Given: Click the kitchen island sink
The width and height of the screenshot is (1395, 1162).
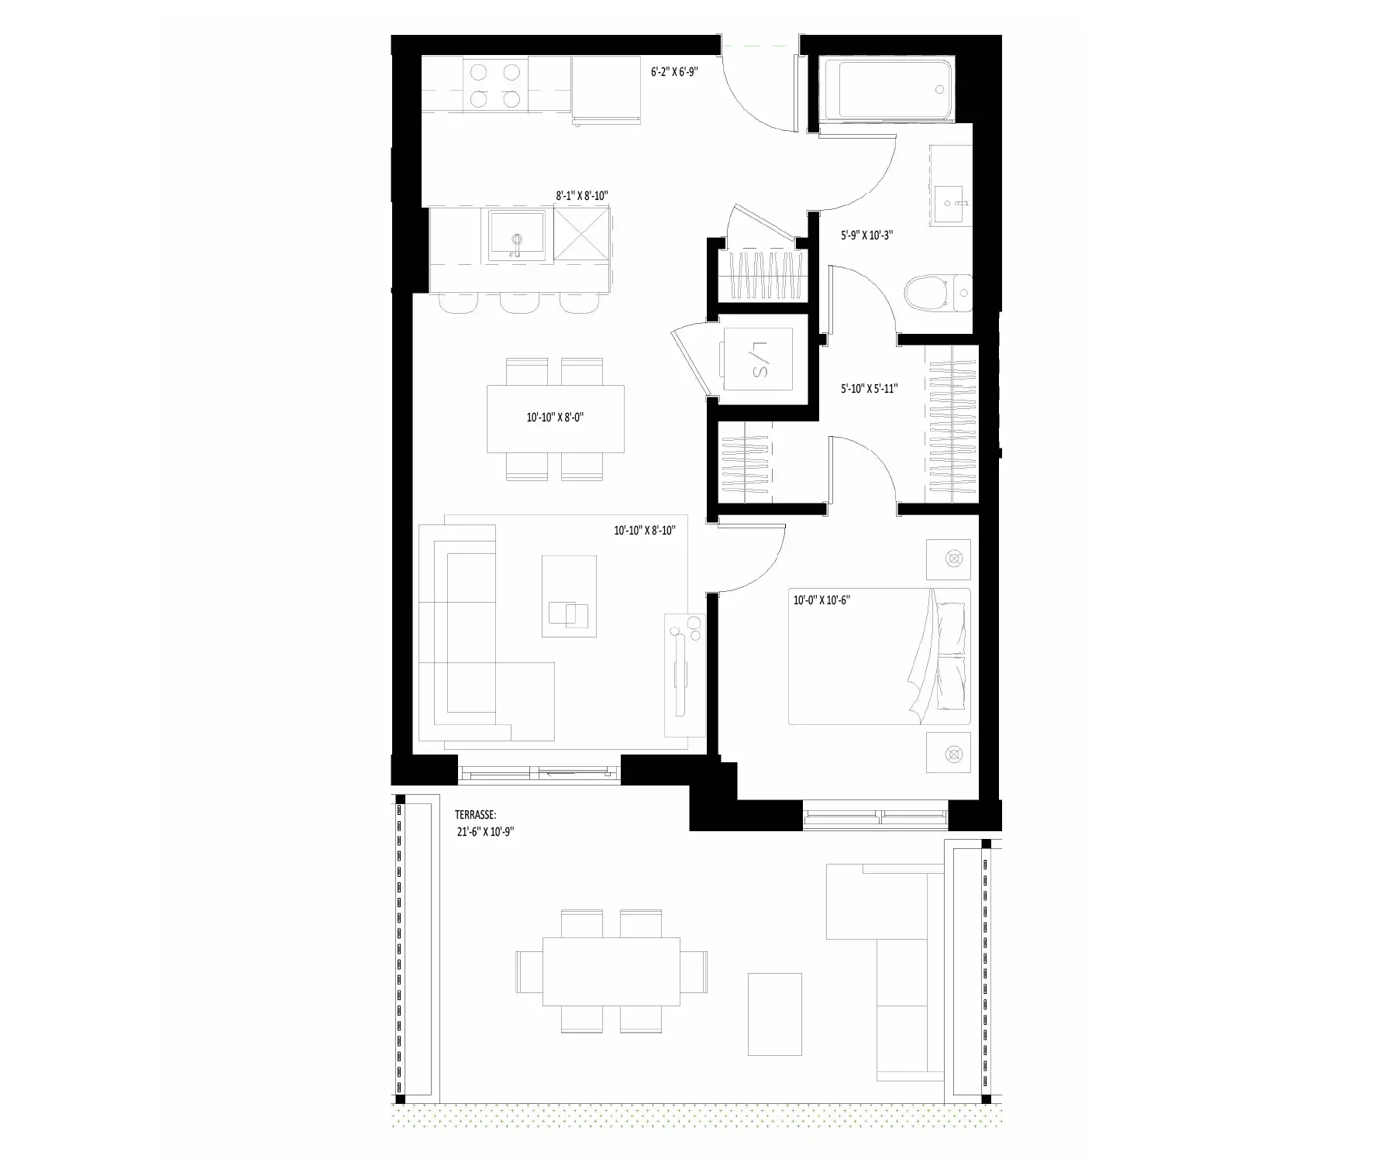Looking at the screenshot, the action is tap(516, 236).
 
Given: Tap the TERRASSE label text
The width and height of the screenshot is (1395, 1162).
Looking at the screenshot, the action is tap(475, 815).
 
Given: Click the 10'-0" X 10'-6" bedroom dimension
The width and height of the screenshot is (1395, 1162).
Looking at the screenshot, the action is tap(821, 600).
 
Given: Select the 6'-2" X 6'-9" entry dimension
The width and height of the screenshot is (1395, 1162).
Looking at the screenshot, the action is tap(674, 71).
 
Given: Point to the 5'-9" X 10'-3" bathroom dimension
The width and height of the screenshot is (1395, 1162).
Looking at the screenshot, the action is tap(866, 235).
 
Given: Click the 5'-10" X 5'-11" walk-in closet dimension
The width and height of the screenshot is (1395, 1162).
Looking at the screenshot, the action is tap(869, 388).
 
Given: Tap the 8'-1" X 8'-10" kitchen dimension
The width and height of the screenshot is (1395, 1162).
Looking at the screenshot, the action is tap(581, 196).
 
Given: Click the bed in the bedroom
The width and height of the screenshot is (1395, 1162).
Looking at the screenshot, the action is tap(880, 657).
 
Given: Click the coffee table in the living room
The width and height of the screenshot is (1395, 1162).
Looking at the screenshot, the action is tap(569, 596).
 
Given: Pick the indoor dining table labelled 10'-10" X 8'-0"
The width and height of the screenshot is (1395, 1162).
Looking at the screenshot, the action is tap(556, 418).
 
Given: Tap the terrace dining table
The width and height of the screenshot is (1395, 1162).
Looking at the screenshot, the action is tap(611, 971).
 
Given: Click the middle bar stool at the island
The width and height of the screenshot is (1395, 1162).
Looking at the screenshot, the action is tap(521, 303).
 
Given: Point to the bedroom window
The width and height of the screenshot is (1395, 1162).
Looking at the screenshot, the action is tap(876, 815).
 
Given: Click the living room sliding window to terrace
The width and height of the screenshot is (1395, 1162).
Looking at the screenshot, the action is tap(539, 772).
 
